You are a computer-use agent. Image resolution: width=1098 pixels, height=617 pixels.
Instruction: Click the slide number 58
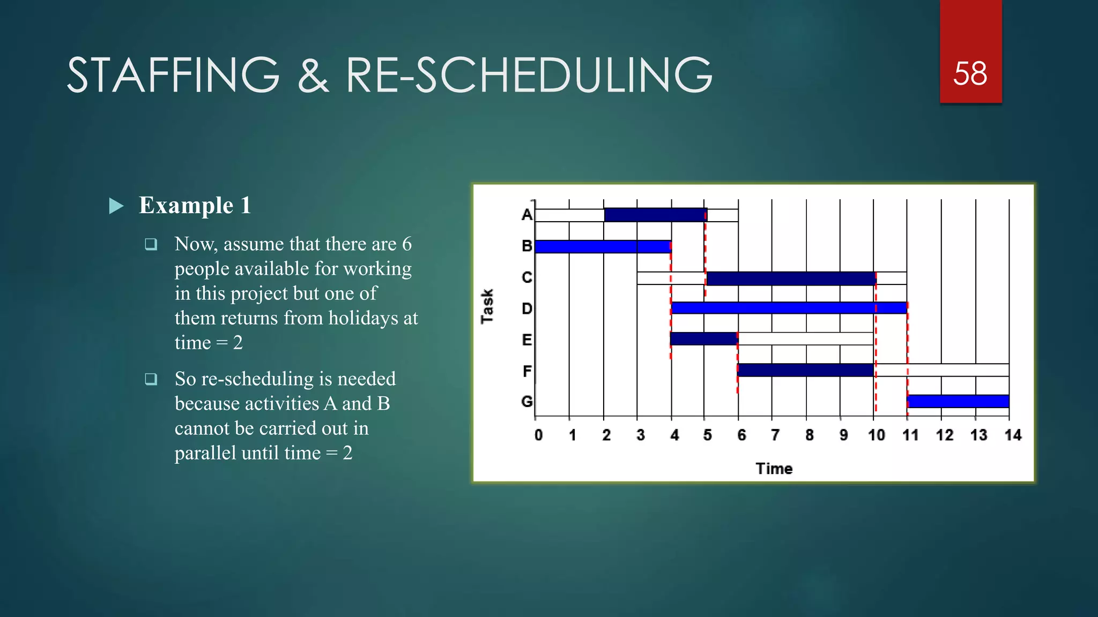coord(970,74)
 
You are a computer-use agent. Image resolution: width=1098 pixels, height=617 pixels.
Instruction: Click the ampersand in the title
coord(313,76)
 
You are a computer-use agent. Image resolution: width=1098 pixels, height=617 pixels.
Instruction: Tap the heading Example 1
coord(195,205)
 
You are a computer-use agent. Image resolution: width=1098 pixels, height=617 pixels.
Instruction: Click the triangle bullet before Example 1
coord(116,206)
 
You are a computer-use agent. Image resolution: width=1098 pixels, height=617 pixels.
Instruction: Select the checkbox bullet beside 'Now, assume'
coord(151,245)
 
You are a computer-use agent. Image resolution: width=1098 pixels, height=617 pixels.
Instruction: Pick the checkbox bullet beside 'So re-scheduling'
coord(151,379)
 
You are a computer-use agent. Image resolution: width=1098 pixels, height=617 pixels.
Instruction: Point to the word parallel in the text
coord(205,453)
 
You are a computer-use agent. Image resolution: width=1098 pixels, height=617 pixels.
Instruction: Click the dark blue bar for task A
coord(655,215)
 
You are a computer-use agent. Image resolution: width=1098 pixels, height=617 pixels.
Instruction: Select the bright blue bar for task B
coord(603,246)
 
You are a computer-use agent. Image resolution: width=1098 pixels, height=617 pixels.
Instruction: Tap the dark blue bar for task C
coord(791,279)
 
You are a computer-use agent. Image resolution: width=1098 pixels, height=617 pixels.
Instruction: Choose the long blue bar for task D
coord(788,308)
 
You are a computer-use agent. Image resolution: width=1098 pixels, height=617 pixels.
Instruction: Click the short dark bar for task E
coord(703,338)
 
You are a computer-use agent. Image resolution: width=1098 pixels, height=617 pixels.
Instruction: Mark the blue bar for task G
coord(958,401)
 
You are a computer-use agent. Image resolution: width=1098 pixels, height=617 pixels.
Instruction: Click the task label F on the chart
coord(526,371)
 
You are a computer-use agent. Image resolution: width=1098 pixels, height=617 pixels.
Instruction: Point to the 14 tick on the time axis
coord(1012,435)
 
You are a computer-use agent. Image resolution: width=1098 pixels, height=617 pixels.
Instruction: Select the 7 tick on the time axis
coord(775,435)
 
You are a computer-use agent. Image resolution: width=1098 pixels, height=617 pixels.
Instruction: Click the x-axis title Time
coord(774,469)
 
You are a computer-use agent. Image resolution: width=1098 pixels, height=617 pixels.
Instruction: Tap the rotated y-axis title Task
coord(487,306)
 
